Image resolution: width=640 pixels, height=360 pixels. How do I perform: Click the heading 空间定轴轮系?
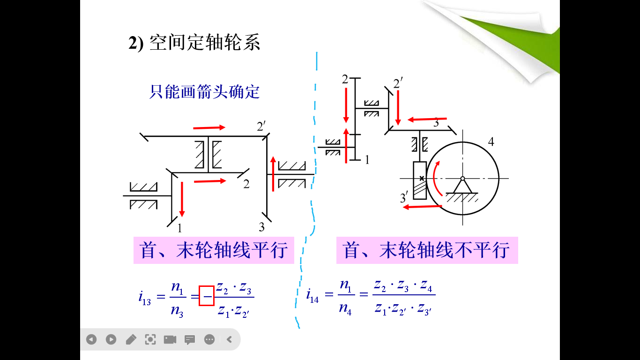[x=204, y=43]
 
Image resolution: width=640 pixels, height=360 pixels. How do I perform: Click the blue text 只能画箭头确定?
[x=204, y=91]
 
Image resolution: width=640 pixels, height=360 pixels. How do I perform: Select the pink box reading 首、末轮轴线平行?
[x=214, y=250]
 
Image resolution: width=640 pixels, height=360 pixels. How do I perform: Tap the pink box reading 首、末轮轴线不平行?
[x=427, y=250]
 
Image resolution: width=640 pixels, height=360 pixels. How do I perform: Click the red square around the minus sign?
[x=207, y=296]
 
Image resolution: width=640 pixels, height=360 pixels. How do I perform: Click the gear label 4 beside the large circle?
[x=491, y=141]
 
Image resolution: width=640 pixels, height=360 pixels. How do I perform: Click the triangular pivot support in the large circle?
[x=462, y=186]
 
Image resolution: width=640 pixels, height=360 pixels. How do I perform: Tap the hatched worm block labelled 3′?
[x=420, y=180]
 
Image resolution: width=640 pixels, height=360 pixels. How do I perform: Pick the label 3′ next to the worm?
[x=404, y=198]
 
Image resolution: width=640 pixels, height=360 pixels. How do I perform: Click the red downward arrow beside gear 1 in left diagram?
[x=182, y=199]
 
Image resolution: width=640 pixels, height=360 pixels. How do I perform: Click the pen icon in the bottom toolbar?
[x=131, y=339]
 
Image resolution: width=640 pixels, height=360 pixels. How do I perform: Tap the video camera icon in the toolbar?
[x=170, y=339]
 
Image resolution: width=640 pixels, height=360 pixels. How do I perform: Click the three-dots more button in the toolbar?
[x=209, y=339]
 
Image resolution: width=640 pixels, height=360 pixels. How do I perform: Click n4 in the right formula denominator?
[x=345, y=310]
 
